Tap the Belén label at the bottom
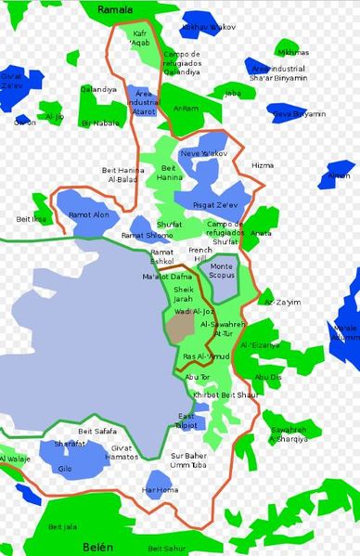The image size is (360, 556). click(x=96, y=549)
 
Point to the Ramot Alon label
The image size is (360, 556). click(x=88, y=214)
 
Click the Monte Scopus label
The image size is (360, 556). click(x=222, y=271)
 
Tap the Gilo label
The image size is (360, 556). click(x=65, y=468)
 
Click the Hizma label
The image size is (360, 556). click(x=263, y=165)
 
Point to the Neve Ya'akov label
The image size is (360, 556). click(x=202, y=152)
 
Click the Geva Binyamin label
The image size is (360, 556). click(x=298, y=113)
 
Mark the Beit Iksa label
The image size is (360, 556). click(x=32, y=218)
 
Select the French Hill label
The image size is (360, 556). click(x=200, y=254)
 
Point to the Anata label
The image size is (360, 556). click(x=261, y=232)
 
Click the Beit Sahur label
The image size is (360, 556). click(x=167, y=549)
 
